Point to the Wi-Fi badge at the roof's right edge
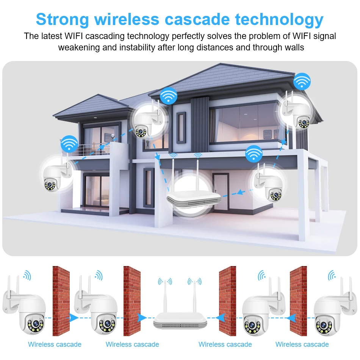point(302,81)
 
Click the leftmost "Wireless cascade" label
point(55,344)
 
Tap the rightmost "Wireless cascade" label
point(302,344)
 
